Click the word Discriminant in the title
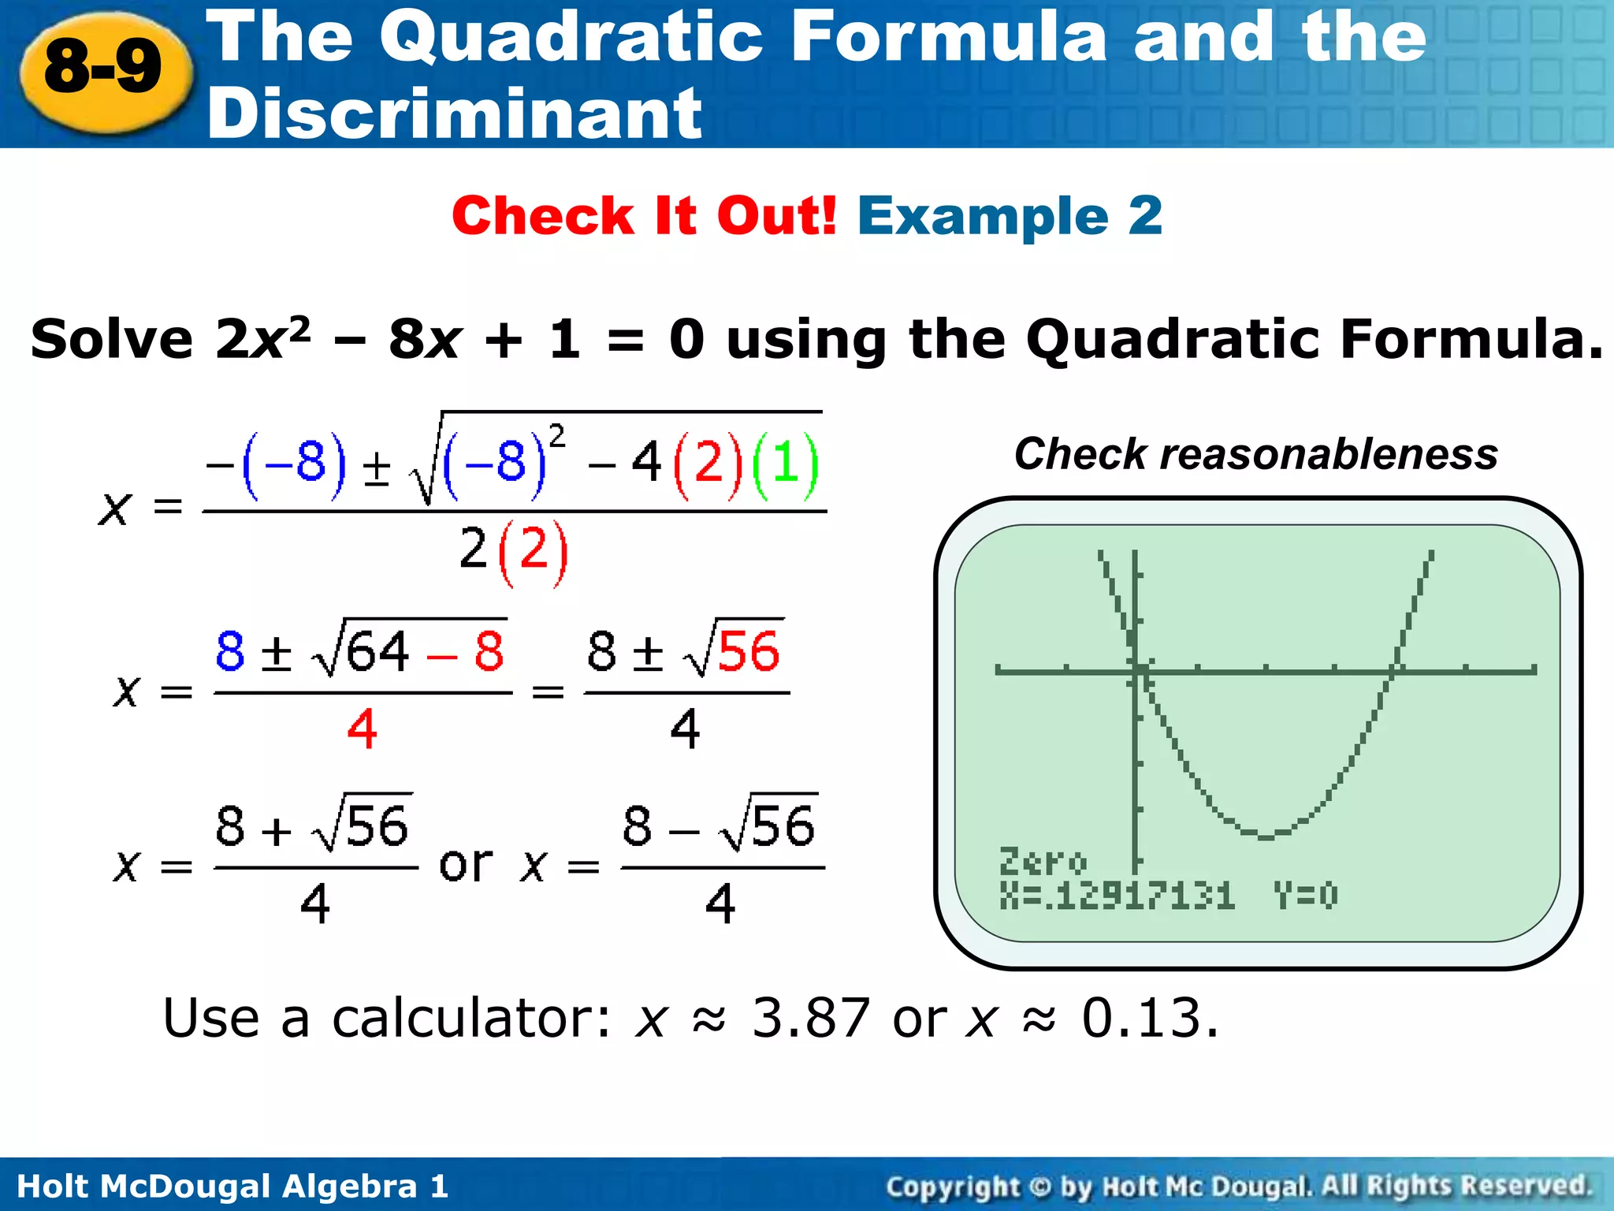[454, 114]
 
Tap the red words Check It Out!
[644, 215]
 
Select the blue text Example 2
[1010, 215]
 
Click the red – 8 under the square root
[465, 652]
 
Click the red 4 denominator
[362, 729]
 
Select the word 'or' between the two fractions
[466, 865]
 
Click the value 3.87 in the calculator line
[811, 1018]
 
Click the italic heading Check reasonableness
[1255, 454]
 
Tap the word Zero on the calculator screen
[1043, 861]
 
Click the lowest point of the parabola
[1266, 837]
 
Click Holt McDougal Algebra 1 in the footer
[232, 1186]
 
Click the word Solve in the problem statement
[112, 339]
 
